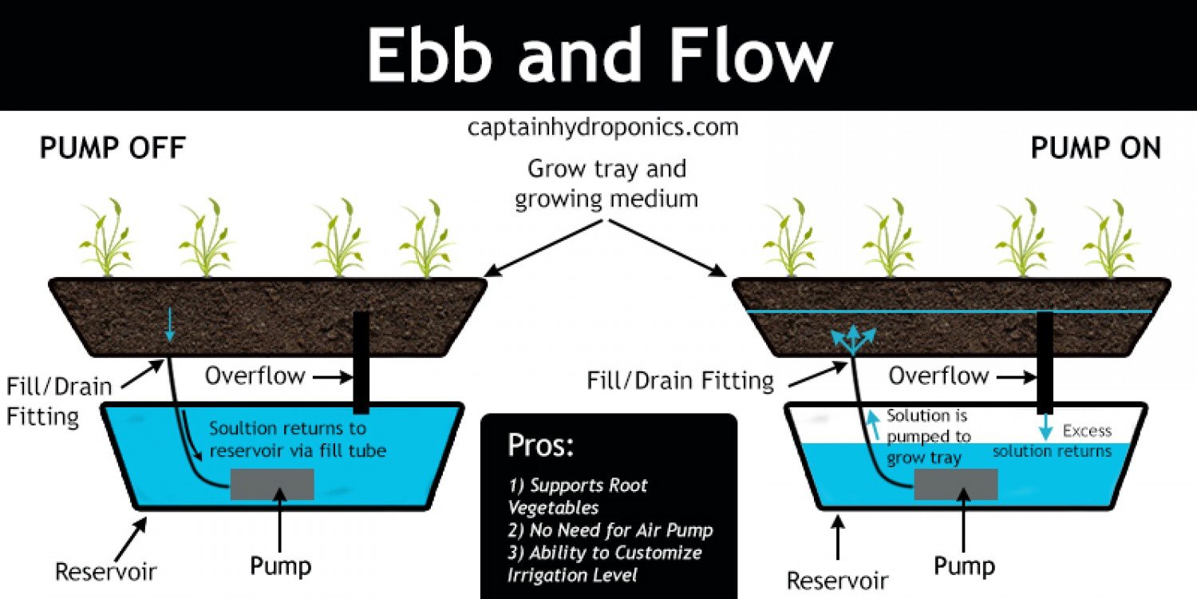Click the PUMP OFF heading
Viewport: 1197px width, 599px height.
[113, 148]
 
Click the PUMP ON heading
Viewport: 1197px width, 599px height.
[1096, 148]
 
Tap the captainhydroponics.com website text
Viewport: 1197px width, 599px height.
[602, 128]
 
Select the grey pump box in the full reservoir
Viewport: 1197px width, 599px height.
[272, 485]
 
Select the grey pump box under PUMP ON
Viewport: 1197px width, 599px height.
[956, 485]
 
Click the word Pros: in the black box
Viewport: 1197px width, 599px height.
[540, 445]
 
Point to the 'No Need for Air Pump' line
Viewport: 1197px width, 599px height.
[610, 530]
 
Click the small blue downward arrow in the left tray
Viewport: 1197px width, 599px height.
[169, 324]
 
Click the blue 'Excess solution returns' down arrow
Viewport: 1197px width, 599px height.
[1045, 426]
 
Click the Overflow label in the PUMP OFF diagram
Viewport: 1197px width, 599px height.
[255, 376]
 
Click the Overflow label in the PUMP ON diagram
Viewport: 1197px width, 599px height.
[938, 376]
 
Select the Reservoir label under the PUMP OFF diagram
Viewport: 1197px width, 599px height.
[105, 572]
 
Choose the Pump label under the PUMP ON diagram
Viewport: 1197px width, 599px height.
[964, 566]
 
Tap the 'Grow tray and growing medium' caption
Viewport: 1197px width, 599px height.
[606, 184]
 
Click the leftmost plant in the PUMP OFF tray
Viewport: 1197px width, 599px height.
[107, 238]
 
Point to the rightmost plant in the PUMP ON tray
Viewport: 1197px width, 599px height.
[1110, 238]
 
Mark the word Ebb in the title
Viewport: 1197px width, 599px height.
[428, 56]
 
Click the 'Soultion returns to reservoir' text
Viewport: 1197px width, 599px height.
[297, 439]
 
